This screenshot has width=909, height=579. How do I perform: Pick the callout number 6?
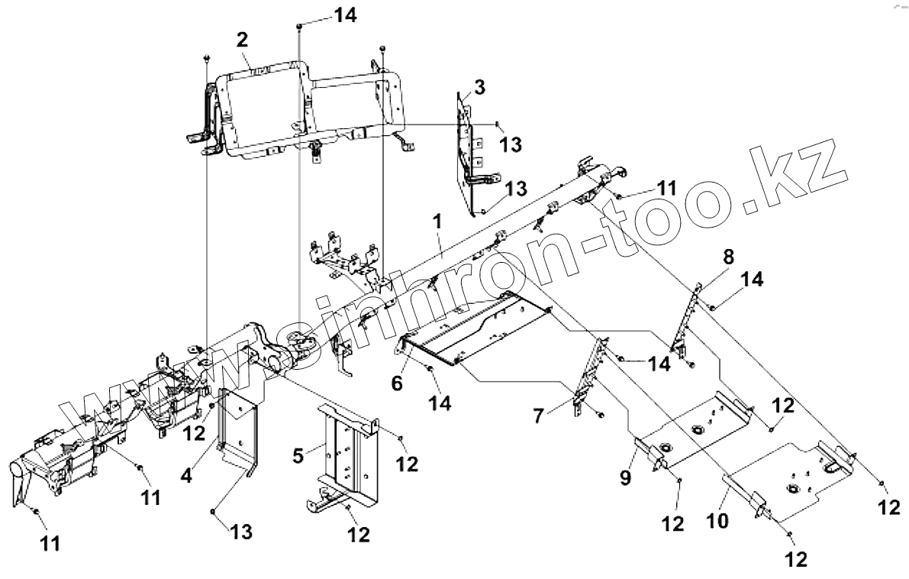point(397,383)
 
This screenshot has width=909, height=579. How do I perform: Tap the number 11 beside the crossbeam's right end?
point(667,187)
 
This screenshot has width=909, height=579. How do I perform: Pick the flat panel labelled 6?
point(481,328)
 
